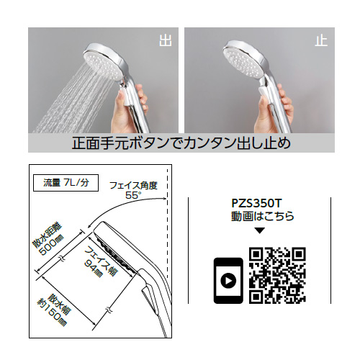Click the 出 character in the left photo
coord(166,41)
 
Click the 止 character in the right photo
coord(321,41)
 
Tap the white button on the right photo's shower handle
coord(264,95)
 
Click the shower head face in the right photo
coord(243,62)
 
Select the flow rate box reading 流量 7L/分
coord(66,183)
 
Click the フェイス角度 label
coord(133,186)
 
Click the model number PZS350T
coord(256,204)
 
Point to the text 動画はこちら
coord(262,216)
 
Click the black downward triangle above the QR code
coord(259,230)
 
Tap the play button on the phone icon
coord(228,280)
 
